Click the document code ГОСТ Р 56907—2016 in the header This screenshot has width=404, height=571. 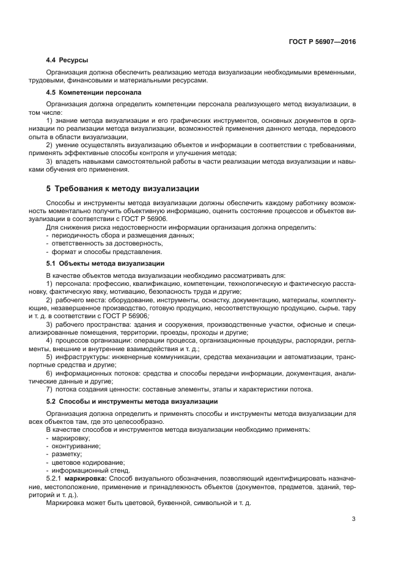coord(321,42)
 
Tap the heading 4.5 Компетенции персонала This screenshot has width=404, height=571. coord(94,92)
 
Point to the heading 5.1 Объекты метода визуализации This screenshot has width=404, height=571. coord(105,263)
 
